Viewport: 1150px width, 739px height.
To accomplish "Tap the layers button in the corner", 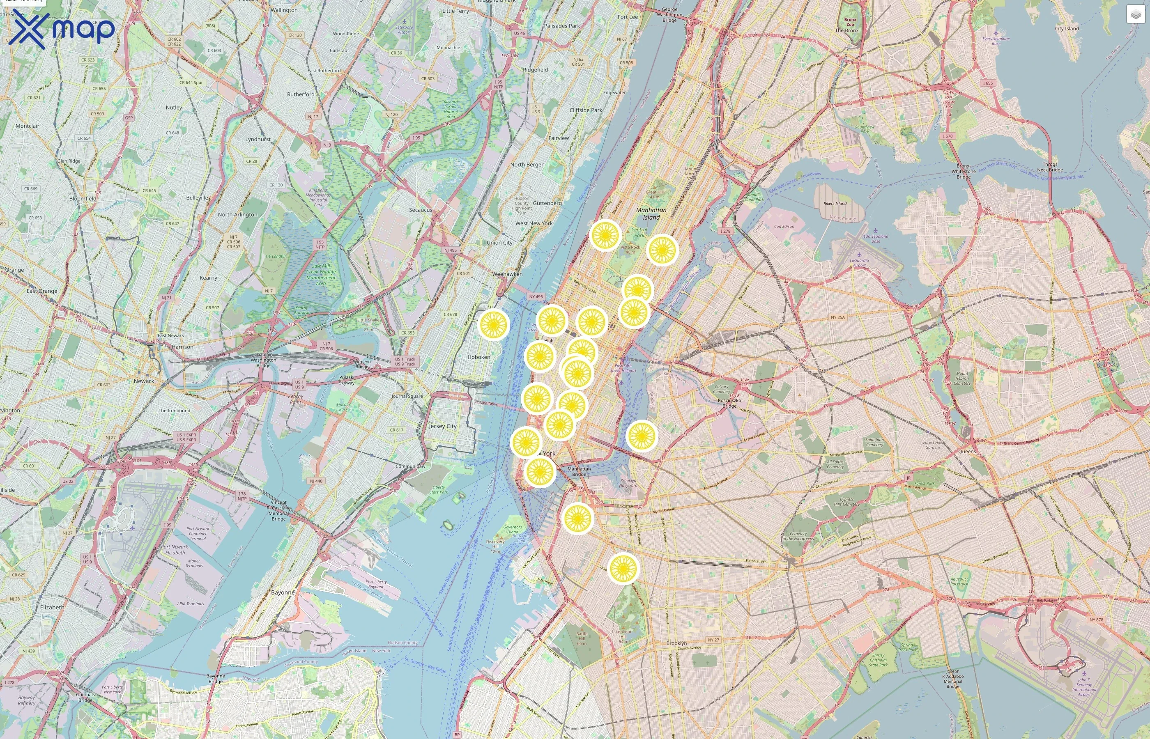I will [1136, 14].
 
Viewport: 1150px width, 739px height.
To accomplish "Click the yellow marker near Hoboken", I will [493, 325].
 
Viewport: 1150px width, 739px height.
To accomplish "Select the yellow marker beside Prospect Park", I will [623, 568].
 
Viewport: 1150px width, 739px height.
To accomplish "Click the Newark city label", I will [144, 381].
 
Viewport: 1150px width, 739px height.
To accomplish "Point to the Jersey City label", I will [442, 426].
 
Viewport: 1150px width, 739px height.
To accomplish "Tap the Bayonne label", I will [283, 592].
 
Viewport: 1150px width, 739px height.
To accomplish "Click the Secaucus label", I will [421, 210].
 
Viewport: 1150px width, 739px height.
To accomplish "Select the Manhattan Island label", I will [651, 213].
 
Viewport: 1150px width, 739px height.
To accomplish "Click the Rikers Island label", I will [835, 204].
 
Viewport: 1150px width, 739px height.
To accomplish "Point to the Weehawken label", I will [507, 274].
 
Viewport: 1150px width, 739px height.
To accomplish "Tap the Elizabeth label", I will [52, 607].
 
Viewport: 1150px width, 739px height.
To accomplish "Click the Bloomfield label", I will [83, 198].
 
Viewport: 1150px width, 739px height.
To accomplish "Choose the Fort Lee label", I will [628, 17].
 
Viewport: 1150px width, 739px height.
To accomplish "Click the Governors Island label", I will [513, 529].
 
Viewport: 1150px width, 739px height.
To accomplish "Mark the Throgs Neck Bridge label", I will [1050, 167].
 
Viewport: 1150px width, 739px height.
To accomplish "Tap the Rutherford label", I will [301, 94].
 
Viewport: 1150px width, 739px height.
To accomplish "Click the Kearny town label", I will [208, 278].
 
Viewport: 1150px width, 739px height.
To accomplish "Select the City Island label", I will [1067, 28].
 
